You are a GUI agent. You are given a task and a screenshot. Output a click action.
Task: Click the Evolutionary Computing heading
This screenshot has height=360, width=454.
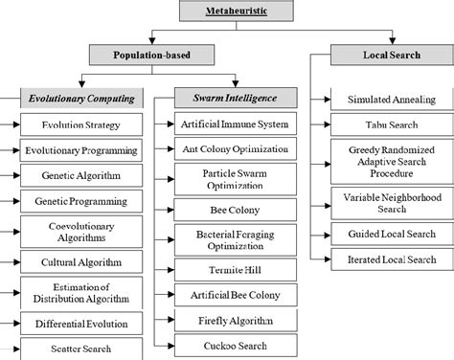(x=81, y=99)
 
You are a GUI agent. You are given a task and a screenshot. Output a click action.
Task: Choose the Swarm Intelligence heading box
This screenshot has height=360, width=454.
(x=228, y=99)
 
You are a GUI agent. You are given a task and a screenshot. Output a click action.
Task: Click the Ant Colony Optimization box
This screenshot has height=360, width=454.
(x=228, y=149)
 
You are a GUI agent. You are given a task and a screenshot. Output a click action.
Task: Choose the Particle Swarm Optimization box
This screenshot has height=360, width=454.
(x=228, y=180)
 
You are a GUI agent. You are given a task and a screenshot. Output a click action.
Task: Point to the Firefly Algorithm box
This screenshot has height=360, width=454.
(x=228, y=321)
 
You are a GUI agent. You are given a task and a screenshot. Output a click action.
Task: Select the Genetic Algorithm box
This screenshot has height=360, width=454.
(x=82, y=176)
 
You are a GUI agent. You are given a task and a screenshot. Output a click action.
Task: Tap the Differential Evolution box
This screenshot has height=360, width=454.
(x=82, y=326)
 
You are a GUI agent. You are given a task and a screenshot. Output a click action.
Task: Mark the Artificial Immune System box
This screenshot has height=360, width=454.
(x=228, y=124)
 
